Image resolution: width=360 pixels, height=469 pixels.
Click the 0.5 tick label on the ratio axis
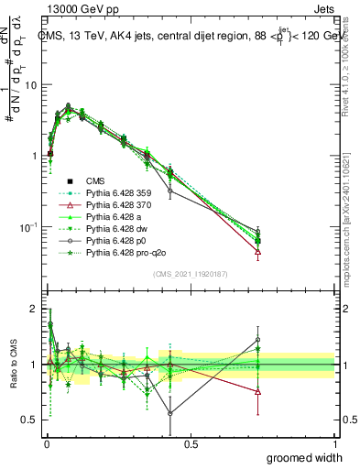tap(28, 420)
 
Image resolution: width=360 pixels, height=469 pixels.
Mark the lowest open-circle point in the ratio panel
tap(170, 413)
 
